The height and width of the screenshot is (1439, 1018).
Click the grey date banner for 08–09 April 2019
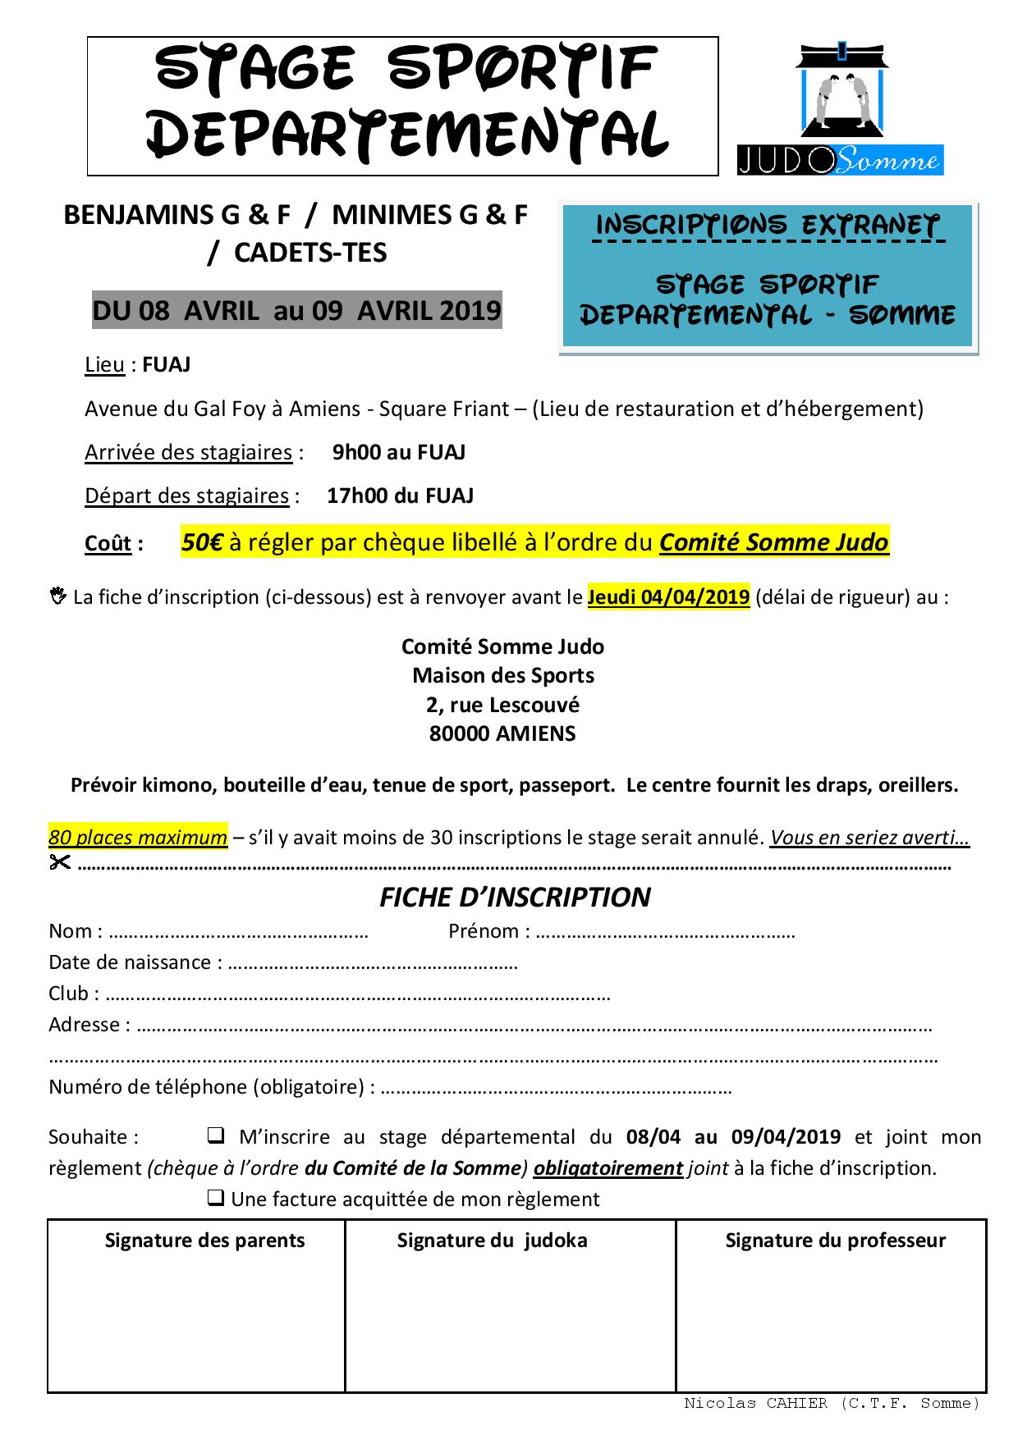coord(296,310)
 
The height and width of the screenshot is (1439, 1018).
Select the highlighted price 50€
coord(202,542)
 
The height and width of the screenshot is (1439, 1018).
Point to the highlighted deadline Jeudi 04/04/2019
coord(668,596)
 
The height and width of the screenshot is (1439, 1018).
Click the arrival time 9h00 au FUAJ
coord(398,452)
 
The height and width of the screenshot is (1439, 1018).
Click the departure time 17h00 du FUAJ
coord(400,496)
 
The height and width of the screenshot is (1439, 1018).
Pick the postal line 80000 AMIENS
coord(502,733)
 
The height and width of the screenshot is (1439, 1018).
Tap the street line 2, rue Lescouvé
coord(502,705)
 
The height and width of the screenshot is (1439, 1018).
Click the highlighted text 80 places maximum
coord(138,838)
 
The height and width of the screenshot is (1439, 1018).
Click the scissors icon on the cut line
coord(60,862)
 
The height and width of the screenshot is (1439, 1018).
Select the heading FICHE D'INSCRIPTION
coord(515,898)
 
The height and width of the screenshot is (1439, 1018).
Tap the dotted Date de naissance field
coord(372,963)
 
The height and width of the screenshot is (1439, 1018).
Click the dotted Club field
coord(358,994)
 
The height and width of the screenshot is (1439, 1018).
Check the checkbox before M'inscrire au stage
coord(216,1136)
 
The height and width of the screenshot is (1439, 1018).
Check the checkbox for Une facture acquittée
coord(216,1199)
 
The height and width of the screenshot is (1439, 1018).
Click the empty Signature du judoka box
coord(510,1321)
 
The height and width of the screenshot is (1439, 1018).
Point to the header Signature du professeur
coord(835,1240)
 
